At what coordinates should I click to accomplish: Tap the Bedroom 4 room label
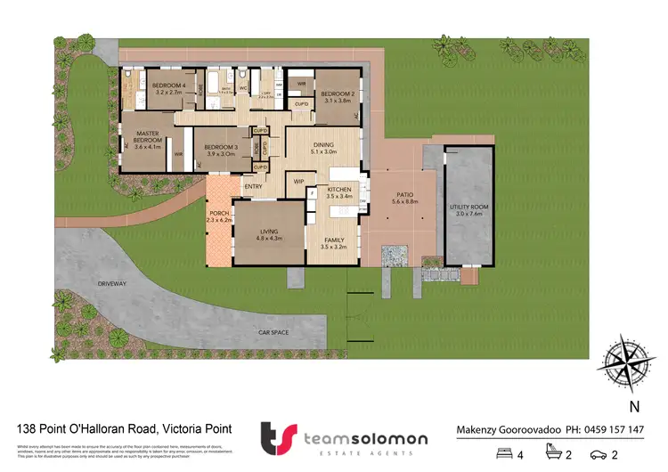click(168, 88)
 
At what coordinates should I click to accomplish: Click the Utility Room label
click(468, 210)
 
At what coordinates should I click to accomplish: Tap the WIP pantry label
click(299, 182)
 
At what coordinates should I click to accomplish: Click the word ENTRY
click(254, 187)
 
